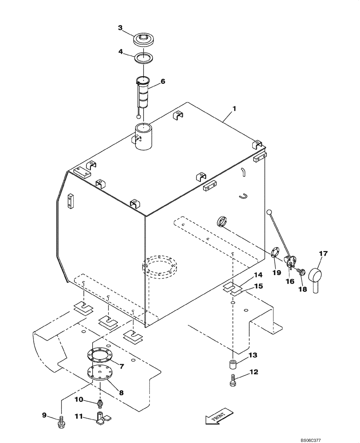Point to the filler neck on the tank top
tap(144, 137)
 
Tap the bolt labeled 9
tap(61, 422)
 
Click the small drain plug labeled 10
tap(100, 403)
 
